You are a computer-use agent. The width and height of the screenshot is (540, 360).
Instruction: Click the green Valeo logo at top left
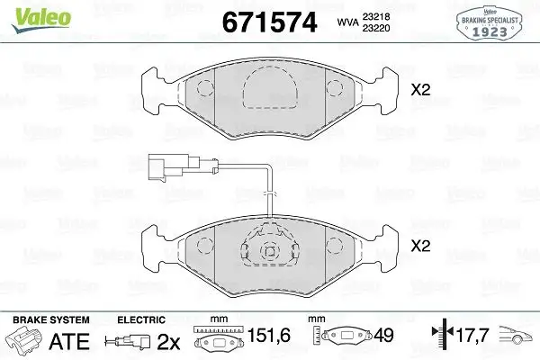[x=41, y=20]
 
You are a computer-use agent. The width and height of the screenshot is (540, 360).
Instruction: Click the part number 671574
[x=269, y=22]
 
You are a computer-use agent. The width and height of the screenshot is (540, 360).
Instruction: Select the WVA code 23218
[x=375, y=16]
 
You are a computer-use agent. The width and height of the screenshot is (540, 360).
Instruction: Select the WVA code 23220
[x=375, y=28]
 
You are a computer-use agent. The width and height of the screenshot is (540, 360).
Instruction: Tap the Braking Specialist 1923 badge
[x=490, y=22]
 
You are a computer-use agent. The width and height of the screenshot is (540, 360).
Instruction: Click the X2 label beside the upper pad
[x=420, y=90]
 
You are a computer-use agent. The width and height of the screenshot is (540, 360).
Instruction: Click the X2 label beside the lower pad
[x=420, y=246]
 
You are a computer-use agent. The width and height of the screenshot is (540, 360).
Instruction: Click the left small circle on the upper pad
[x=205, y=88]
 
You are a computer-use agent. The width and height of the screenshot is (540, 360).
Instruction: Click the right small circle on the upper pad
[x=335, y=88]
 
